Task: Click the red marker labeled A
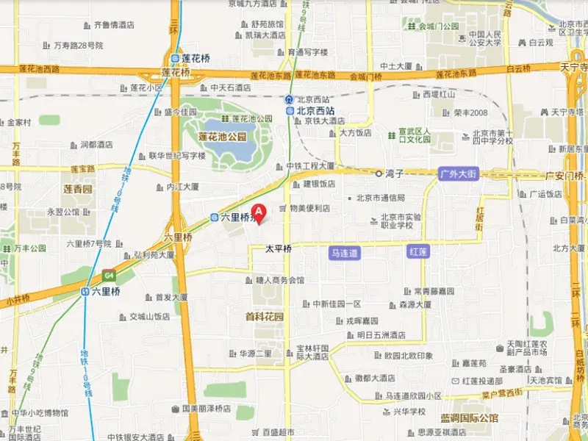pos(258,211)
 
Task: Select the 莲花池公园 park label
pos(222,137)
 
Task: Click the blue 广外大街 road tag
pos(458,174)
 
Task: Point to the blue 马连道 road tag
pos(344,252)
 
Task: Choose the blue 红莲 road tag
pos(417,252)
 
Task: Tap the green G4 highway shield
pos(109,275)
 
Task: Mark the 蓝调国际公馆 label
pos(470,418)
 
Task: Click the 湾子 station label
pos(395,173)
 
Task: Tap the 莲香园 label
pos(78,189)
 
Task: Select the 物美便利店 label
pos(309,208)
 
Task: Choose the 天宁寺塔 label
pos(566,112)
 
